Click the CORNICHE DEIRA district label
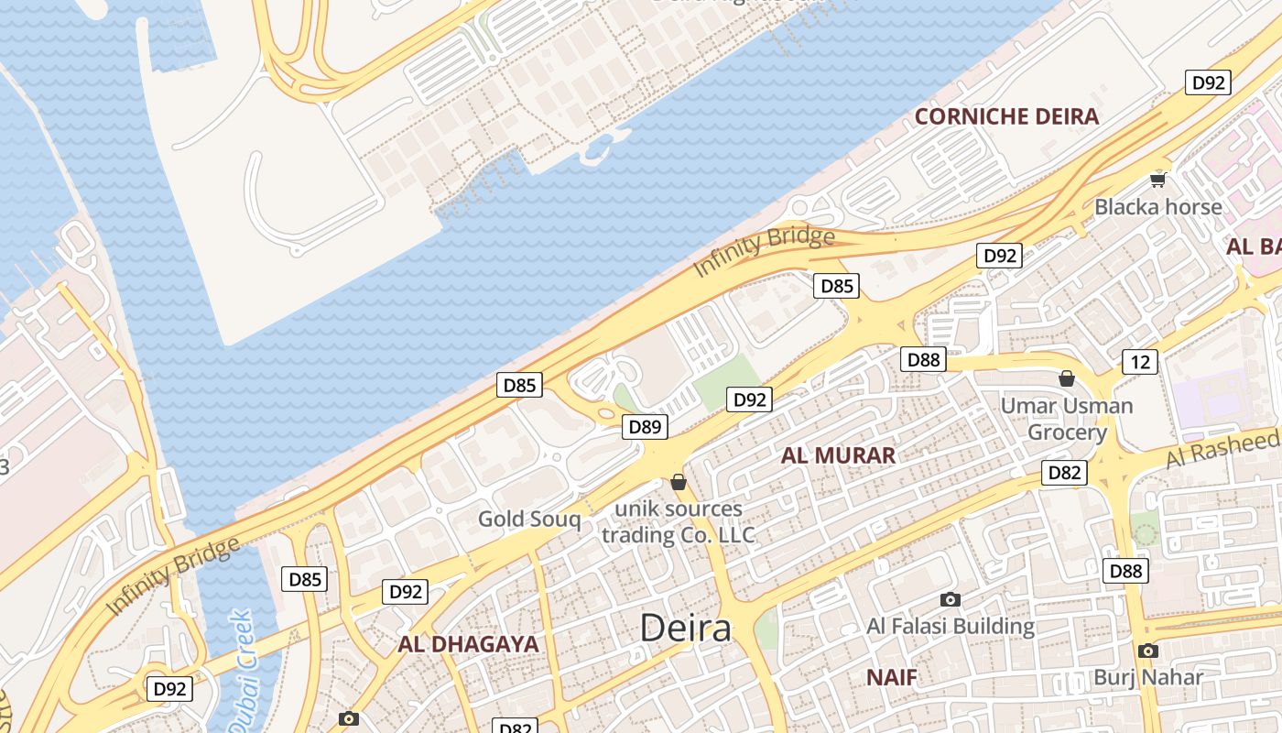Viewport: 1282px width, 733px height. (1006, 116)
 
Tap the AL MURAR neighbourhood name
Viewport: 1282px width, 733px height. (838, 455)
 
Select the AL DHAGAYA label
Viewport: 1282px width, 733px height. (468, 644)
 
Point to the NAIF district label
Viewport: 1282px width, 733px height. (891, 678)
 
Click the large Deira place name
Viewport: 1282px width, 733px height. (686, 629)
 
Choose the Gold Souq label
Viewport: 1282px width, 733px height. (529, 520)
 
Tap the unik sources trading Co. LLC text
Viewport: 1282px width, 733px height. (679, 521)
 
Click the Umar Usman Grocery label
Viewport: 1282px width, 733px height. (1067, 419)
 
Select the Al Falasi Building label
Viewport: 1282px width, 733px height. (951, 627)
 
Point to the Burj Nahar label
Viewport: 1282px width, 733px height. (1148, 678)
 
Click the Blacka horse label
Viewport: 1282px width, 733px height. (1158, 206)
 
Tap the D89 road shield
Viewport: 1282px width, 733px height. (646, 426)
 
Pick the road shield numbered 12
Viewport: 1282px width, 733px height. (1139, 362)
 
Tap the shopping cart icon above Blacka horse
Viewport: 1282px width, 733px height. (1158, 180)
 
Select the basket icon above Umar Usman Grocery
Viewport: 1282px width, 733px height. (1067, 378)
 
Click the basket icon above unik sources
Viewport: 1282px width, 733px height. (679, 482)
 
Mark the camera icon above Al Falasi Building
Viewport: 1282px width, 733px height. (951, 599)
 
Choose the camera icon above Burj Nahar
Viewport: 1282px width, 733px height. (1148, 651)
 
